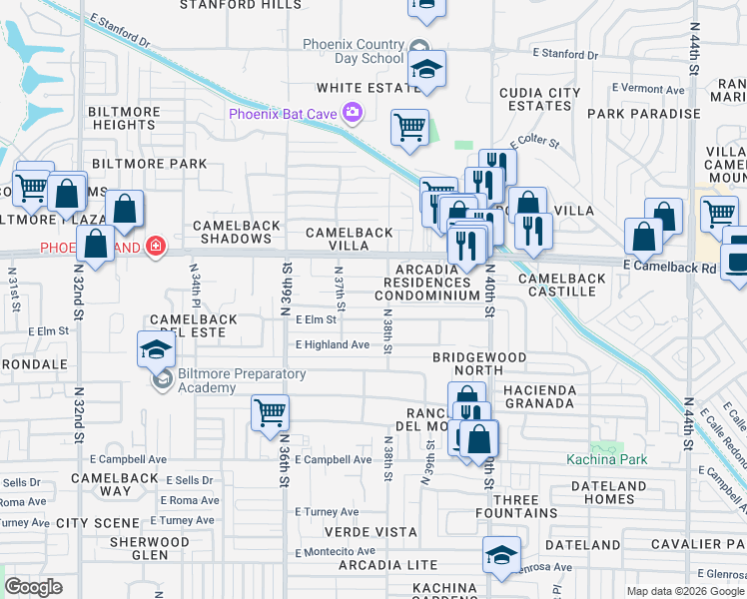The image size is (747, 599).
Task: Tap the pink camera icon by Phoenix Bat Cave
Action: click(352, 114)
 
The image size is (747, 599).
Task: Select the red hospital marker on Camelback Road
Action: click(154, 246)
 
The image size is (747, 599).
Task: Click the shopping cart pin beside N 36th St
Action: click(271, 412)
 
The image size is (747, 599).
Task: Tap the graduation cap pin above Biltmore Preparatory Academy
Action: click(157, 349)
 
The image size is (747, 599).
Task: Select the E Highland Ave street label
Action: click(333, 345)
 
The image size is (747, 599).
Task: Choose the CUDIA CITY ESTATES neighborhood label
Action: click(539, 99)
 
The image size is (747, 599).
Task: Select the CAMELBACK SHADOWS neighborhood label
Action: click(237, 233)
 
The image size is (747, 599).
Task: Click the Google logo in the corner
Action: click(34, 587)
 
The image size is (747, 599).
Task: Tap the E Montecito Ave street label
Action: click(336, 551)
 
